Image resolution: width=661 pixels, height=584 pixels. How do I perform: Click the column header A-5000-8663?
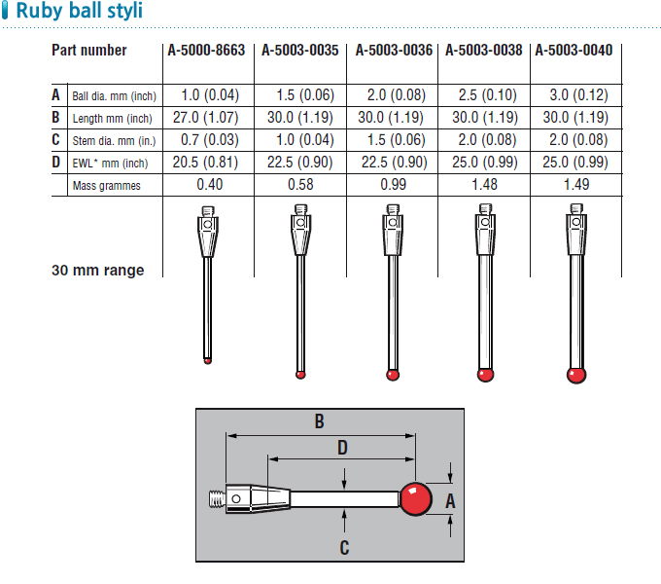coord(206,51)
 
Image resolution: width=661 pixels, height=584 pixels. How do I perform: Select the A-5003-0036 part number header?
coord(394,51)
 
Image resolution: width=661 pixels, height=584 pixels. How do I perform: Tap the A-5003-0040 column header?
coord(574,51)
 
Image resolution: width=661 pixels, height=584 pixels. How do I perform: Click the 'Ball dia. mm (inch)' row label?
coord(115,96)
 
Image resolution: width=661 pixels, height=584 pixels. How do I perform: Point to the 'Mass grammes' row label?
coord(106,186)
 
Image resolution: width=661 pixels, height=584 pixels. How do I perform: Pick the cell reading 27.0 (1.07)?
coord(206,118)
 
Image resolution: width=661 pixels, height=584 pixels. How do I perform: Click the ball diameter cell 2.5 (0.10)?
coord(488,95)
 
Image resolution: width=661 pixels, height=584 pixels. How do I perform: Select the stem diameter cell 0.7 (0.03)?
coord(210,139)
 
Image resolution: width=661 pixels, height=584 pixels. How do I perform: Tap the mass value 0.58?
coord(300,184)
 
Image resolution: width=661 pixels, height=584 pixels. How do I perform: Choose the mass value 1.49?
coord(576,184)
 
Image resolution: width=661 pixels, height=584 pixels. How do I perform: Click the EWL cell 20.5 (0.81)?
coord(205,162)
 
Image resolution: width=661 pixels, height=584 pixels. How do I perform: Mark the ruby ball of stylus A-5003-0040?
coord(576,375)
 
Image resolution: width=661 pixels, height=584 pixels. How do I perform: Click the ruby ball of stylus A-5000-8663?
coord(207,361)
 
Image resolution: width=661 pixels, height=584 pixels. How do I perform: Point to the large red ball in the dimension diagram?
coord(416,498)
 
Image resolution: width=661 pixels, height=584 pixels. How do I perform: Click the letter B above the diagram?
coord(320,421)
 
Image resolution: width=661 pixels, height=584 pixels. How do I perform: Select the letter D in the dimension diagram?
coord(343,448)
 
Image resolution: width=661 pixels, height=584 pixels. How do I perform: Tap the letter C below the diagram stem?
coord(344,548)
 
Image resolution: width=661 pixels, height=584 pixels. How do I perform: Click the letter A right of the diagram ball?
coord(450,501)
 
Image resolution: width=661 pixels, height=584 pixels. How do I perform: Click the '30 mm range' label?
coord(98,270)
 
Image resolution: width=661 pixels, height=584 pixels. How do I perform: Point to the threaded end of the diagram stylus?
coord(218,498)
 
